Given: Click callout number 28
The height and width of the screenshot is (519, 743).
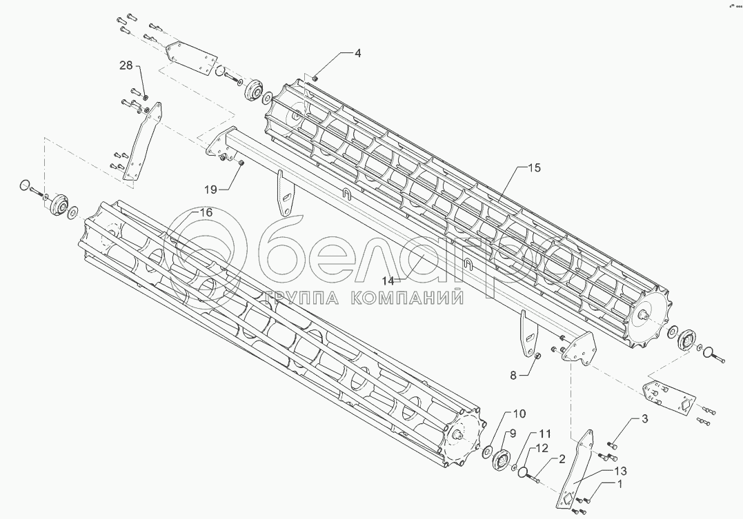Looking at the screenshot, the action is click(x=126, y=65).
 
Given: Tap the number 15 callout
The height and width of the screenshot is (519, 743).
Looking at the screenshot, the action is click(x=535, y=167).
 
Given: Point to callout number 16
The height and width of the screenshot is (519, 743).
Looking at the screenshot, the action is click(x=206, y=212).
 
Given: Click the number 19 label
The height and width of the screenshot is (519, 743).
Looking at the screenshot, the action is click(x=210, y=188).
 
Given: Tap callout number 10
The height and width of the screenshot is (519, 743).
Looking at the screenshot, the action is click(x=519, y=414).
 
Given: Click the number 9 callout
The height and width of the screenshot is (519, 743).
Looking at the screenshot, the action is click(x=512, y=434).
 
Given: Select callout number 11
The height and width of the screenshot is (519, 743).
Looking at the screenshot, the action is click(x=545, y=434).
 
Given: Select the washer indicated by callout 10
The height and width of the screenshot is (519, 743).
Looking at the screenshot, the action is click(x=486, y=451).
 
